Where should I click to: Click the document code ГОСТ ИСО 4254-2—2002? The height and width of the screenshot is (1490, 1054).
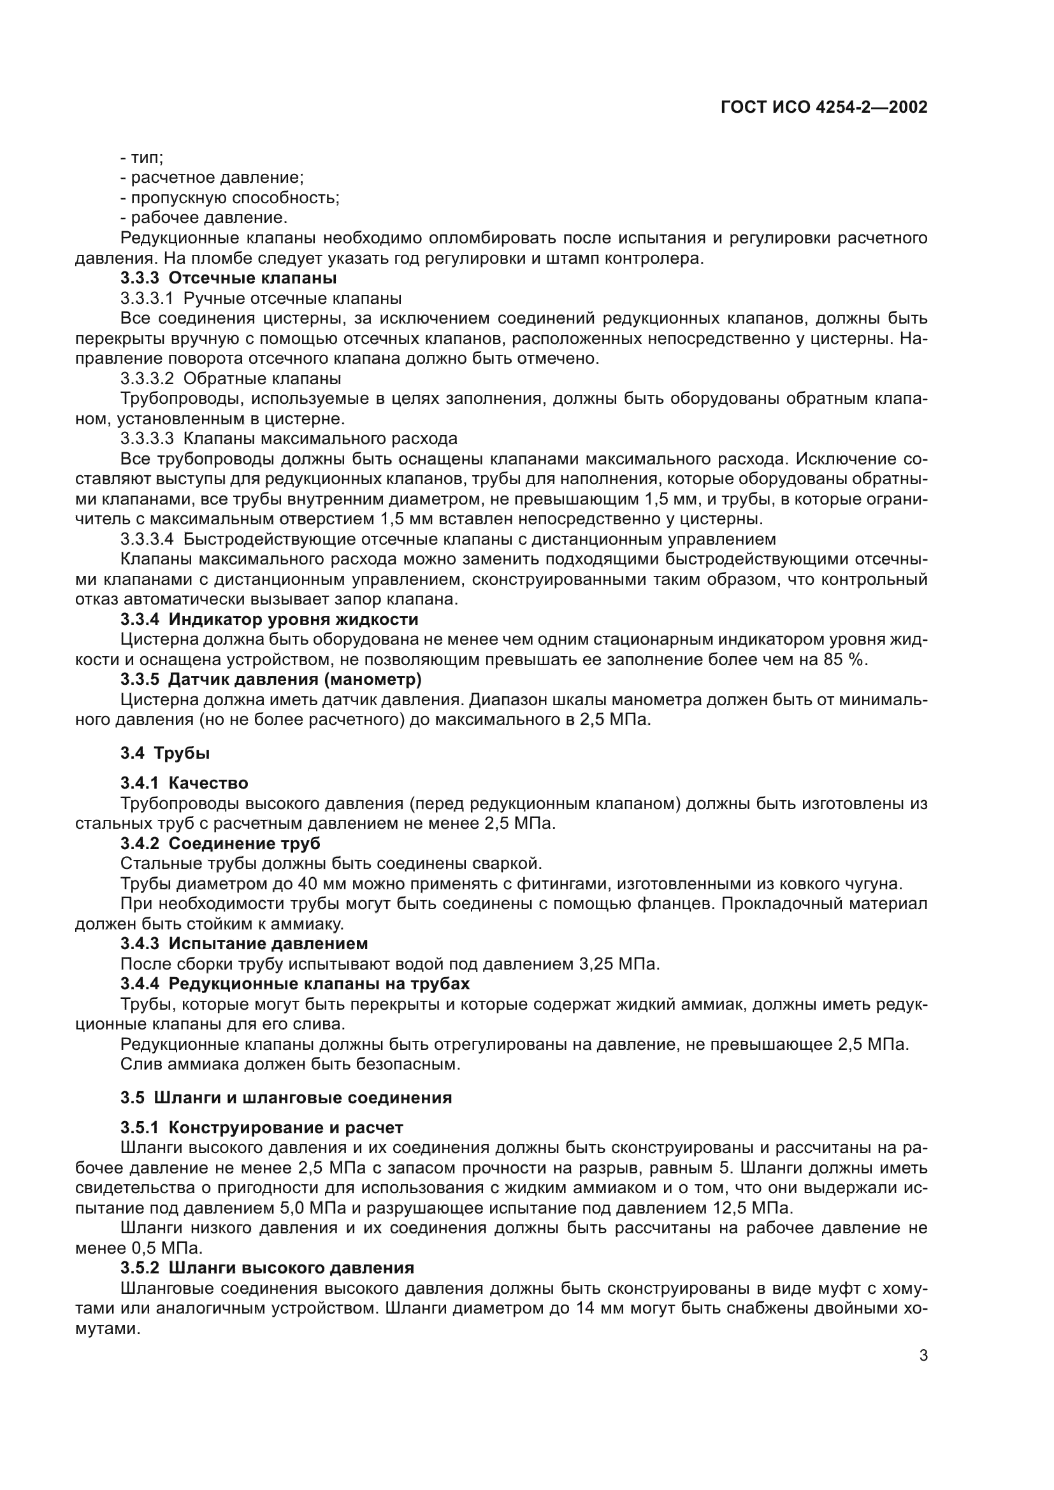coord(823,108)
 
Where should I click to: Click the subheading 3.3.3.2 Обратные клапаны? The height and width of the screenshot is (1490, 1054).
coord(231,378)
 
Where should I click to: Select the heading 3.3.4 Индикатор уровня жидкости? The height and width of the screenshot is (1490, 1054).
coord(270,619)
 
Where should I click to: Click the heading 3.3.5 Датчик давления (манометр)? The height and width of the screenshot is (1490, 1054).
coord(271,680)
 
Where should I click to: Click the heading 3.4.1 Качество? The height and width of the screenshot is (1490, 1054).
coord(184,784)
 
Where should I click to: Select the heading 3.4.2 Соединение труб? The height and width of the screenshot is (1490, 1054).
coord(220,843)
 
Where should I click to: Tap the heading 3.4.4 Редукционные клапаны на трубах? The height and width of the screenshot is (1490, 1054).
coord(294,984)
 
